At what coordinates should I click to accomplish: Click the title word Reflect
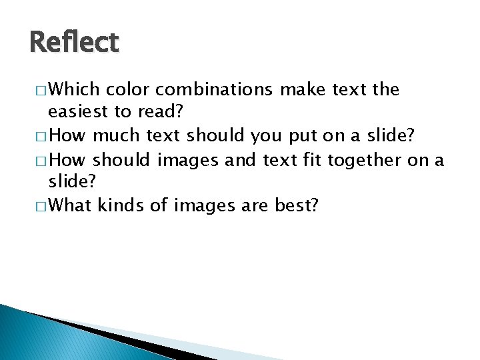74,43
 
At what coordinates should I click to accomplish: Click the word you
267,136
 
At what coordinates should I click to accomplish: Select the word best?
297,206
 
